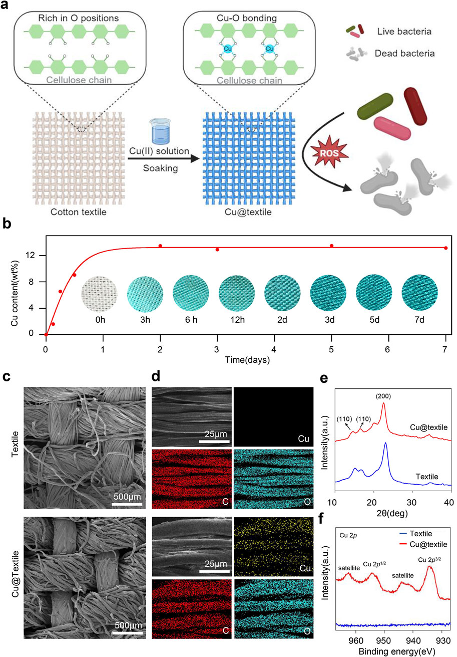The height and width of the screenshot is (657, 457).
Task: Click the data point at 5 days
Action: tap(331, 246)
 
